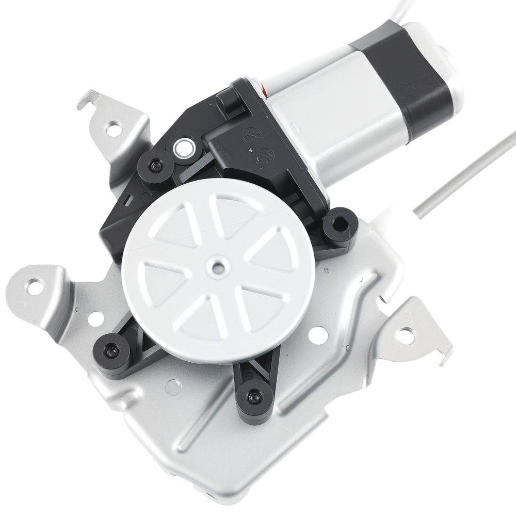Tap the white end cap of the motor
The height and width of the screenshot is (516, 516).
449,72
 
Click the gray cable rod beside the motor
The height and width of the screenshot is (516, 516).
464,170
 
